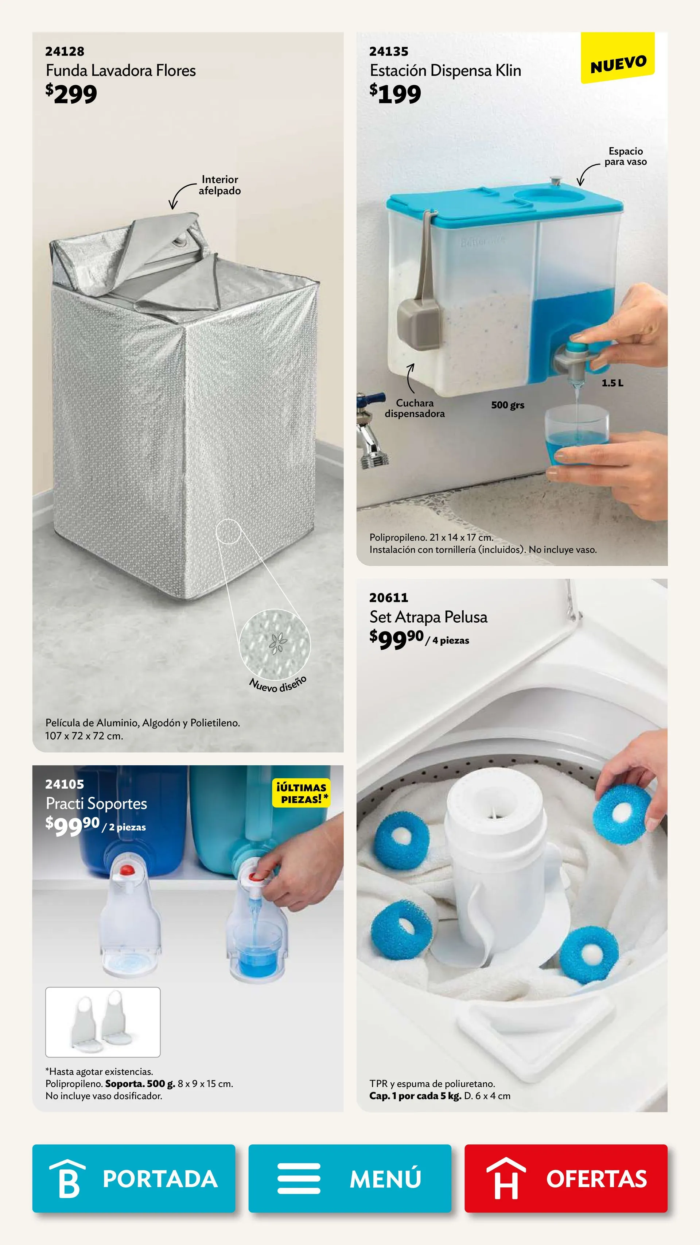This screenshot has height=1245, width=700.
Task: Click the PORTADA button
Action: (134, 1178)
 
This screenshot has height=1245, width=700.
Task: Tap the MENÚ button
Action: (350, 1178)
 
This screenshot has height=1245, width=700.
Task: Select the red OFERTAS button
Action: (566, 1178)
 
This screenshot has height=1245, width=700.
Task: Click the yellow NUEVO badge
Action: (618, 58)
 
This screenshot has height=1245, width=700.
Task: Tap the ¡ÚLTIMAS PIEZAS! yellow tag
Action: (302, 793)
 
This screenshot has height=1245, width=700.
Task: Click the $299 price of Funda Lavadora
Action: (71, 94)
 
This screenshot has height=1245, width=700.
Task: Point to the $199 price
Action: (395, 94)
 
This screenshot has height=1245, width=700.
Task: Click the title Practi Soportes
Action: (96, 804)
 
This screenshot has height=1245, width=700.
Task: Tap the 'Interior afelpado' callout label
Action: (220, 185)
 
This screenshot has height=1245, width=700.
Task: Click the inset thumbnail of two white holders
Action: (103, 1022)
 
